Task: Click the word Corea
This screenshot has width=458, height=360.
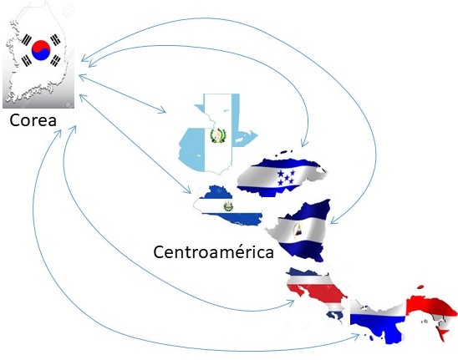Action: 33,120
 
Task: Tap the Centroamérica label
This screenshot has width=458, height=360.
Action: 213,251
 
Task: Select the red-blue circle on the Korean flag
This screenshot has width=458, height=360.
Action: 41,50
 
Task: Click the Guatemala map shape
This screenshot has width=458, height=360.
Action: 217,134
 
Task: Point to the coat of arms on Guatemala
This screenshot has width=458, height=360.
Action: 217,136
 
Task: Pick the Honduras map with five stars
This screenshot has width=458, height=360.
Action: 281,175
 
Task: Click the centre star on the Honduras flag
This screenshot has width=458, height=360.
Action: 287,178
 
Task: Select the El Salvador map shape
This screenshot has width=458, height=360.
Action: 227,205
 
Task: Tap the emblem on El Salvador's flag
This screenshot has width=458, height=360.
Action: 228,206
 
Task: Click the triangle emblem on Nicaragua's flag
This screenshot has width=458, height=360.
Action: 298,230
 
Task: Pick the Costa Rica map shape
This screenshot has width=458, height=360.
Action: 315,293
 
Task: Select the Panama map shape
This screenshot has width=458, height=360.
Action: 403,317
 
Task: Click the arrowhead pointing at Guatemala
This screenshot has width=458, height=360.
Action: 162,110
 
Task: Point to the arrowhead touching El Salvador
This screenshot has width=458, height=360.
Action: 187,190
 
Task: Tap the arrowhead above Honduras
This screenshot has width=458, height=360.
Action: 304,143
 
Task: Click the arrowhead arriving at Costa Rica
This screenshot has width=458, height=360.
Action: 291,303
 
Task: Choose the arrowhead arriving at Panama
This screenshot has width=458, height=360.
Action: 355,337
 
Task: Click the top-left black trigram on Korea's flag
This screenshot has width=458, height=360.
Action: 27,39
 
